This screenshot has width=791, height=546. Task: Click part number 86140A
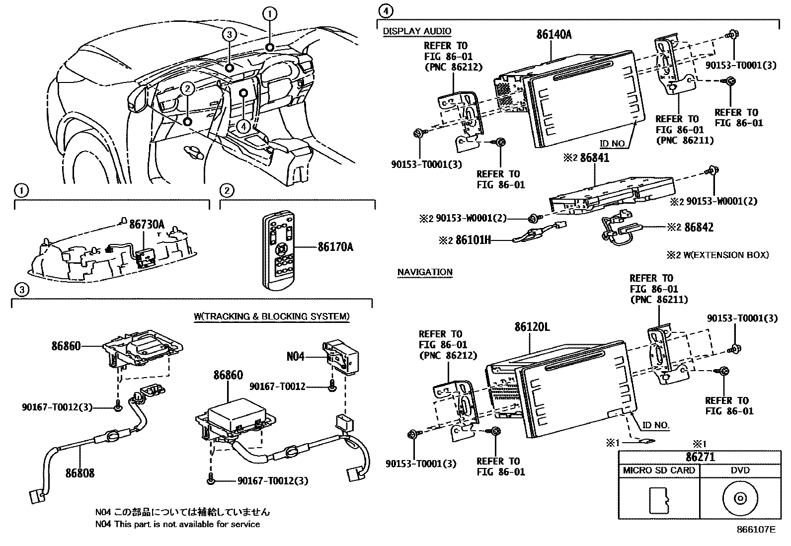554,34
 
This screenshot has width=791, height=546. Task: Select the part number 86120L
532,327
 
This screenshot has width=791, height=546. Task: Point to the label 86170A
335,247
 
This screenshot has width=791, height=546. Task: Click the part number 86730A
147,224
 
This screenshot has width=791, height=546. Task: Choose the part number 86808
79,473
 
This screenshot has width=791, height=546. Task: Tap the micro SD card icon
659,499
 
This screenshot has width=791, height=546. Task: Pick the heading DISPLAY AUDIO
417,31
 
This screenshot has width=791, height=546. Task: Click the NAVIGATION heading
425,272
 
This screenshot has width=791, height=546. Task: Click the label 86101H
473,240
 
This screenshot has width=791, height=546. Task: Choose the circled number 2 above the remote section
226,190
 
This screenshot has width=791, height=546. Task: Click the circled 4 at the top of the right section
385,10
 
